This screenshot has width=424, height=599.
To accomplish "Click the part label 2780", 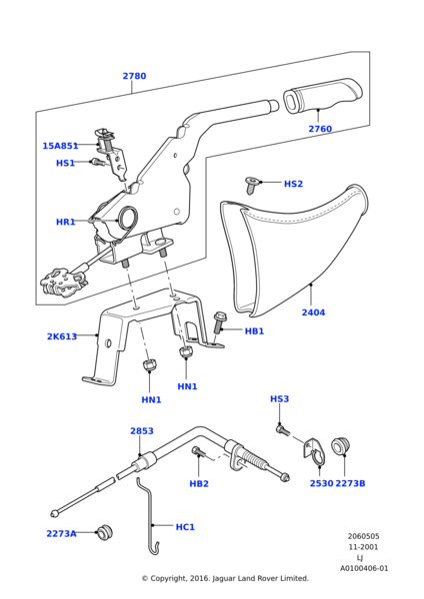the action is point(134,76).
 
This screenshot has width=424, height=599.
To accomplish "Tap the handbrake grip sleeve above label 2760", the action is point(323,96).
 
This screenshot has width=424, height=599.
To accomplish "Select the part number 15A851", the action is point(60,146).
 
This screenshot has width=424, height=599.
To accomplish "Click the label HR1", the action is point(65,222).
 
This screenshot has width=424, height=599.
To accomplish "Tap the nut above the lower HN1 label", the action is point(149,365).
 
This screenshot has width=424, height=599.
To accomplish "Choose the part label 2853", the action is point(142,431).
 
